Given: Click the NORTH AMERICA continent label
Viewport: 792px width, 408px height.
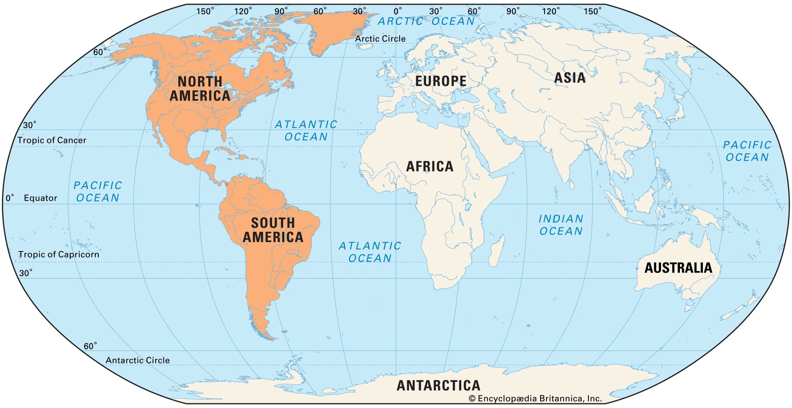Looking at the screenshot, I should click(x=200, y=89).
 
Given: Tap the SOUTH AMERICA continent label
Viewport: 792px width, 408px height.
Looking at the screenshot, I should click(x=273, y=230).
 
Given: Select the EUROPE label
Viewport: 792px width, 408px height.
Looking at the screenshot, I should click(x=441, y=81).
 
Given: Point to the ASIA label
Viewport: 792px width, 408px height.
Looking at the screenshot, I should click(x=569, y=78).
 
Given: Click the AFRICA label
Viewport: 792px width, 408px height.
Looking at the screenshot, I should click(x=430, y=166).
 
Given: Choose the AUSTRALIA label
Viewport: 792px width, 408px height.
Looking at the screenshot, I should click(x=678, y=268).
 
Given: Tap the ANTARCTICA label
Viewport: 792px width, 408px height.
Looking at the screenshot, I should click(x=438, y=385).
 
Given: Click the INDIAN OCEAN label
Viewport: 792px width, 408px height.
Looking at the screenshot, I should click(x=561, y=225).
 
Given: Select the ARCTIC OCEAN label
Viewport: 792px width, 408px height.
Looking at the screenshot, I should click(x=426, y=21).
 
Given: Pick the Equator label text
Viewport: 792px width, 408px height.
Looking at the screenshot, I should click(x=40, y=198).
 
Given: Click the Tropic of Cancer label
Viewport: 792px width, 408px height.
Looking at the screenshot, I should click(x=52, y=140).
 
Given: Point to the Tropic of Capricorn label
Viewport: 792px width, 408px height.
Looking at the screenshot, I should click(x=59, y=254).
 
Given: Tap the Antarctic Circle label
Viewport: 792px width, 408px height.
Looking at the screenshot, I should click(x=137, y=360).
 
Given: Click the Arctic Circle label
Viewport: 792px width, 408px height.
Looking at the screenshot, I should click(x=380, y=39).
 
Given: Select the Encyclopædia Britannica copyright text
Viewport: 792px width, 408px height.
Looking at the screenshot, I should click(x=535, y=398).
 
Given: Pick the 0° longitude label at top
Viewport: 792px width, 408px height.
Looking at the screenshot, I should click(x=398, y=11).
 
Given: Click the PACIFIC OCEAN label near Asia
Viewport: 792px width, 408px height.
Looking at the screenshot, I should click(x=747, y=151).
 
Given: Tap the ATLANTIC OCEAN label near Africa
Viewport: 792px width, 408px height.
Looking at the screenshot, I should click(x=370, y=252).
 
